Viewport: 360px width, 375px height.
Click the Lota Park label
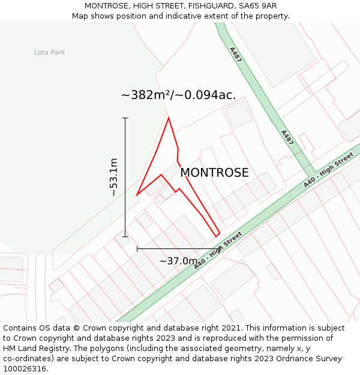pyautogui.click(x=49, y=53)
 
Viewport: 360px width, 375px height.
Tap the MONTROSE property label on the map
pyautogui.click(x=214, y=173)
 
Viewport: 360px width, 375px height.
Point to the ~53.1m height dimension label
pyautogui.click(x=113, y=177)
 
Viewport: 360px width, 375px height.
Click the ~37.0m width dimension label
pyautogui.click(x=178, y=261)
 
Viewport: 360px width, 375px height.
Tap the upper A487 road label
pyautogui.click(x=235, y=55)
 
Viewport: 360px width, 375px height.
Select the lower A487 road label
pyautogui.click(x=287, y=137)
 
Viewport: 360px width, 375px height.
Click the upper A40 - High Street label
pyautogui.click(x=328, y=170)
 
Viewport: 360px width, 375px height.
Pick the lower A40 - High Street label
pyautogui.click(x=218, y=250)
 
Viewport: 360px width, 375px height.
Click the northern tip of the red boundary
pyautogui.click(x=169, y=118)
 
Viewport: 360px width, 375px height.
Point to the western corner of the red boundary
pyautogui.click(x=137, y=195)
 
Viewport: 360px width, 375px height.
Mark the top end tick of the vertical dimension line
pyautogui.click(x=125, y=118)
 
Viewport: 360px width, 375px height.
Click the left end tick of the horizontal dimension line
pyautogui.click(x=137, y=248)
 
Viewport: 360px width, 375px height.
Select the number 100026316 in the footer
pyautogui.click(x=25, y=369)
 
